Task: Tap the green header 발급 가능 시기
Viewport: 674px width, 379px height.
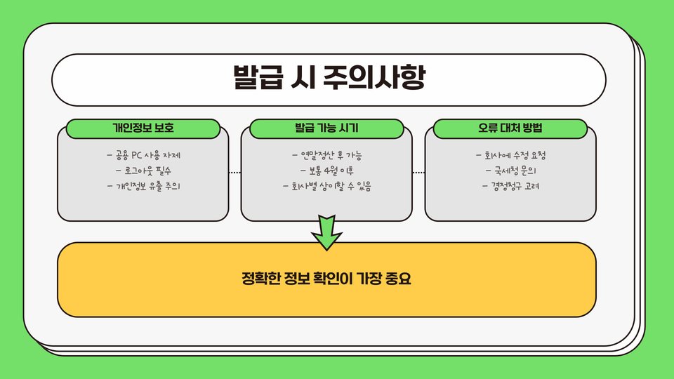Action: [326, 129]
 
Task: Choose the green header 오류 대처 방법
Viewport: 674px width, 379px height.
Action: [510, 129]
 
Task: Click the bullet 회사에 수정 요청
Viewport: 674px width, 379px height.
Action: [510, 155]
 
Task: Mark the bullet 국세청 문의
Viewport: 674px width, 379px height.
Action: [510, 171]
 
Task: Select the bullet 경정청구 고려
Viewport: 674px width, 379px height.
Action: [510, 187]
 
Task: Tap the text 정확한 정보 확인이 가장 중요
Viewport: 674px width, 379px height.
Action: [326, 279]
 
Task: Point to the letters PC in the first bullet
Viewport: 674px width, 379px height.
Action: [137, 155]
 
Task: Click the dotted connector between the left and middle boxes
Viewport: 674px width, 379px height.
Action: [234, 171]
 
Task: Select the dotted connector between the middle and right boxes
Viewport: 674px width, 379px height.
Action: [418, 171]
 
